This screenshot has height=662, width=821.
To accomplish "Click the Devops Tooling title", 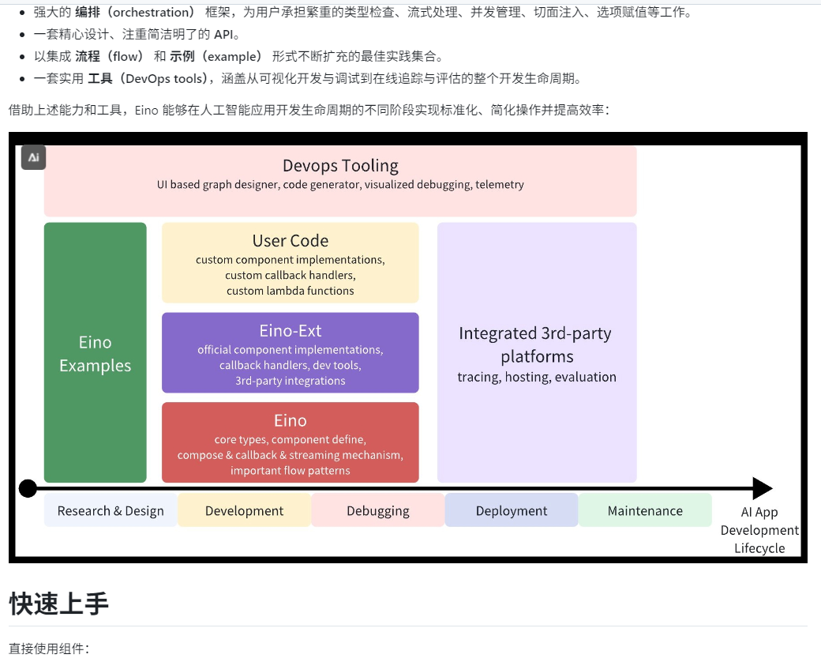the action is (340, 166).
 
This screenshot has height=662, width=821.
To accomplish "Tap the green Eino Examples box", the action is (95, 354).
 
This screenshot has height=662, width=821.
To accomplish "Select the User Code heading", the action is (291, 241).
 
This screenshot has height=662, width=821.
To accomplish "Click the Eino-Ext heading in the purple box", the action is (291, 331).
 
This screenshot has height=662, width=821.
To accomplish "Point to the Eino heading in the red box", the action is (291, 420).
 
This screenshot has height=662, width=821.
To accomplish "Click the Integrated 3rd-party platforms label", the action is (536, 344).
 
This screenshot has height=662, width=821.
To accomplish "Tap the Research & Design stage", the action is (111, 511).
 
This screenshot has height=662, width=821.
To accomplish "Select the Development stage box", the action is (244, 511).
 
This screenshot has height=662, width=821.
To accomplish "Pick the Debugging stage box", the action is (378, 511).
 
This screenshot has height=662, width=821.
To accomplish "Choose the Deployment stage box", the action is (512, 511).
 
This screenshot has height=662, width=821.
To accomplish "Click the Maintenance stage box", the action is (645, 511).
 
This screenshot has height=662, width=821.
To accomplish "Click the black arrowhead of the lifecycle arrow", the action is (762, 489).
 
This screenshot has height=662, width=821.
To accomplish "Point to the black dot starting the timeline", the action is (28, 489).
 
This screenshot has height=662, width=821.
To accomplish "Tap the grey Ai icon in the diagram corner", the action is (34, 157).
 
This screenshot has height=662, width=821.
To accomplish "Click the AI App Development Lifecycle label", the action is (759, 530).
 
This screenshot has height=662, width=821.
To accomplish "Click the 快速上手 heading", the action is (58, 604).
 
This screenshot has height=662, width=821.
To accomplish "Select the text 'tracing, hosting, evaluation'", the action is (537, 377).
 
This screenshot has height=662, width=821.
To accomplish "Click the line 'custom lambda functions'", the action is (291, 291).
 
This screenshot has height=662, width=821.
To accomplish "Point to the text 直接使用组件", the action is (48, 649).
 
